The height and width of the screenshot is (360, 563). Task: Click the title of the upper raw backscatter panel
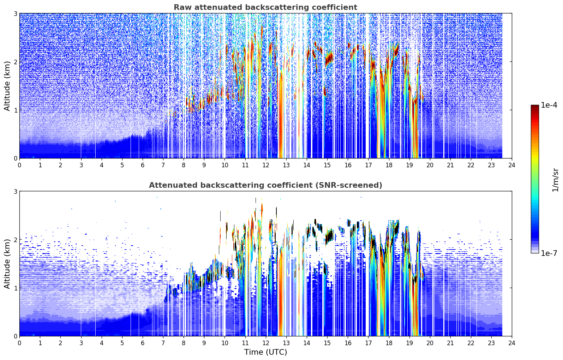coord(265,7)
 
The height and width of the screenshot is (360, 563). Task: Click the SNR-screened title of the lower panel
coord(265,185)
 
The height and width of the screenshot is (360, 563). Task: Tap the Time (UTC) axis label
coord(265,352)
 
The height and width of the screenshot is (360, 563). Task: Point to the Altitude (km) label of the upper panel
coord(7,86)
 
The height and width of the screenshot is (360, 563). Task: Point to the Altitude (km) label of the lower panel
coord(7,264)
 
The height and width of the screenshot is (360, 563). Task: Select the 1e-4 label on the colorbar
coord(549,105)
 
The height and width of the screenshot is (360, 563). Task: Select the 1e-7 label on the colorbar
coord(549,253)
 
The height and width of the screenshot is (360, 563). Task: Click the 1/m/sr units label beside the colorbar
coord(555,180)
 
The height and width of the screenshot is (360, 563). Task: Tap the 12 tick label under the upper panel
coord(266,165)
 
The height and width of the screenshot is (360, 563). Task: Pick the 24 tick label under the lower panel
coord(512,343)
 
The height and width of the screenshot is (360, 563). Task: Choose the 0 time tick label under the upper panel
coord(20,165)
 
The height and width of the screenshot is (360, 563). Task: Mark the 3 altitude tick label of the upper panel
coord(15,13)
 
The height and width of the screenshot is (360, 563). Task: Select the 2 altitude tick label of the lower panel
coord(15,240)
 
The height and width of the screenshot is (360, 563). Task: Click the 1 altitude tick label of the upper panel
coord(15,110)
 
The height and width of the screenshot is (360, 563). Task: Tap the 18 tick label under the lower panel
coord(389,343)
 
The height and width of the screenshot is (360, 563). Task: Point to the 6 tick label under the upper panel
coord(143,165)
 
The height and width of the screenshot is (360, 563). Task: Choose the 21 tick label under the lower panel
coord(450,343)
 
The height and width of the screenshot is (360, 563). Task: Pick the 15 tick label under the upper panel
coord(327,165)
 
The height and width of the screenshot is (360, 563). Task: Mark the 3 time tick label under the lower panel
coord(81,343)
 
